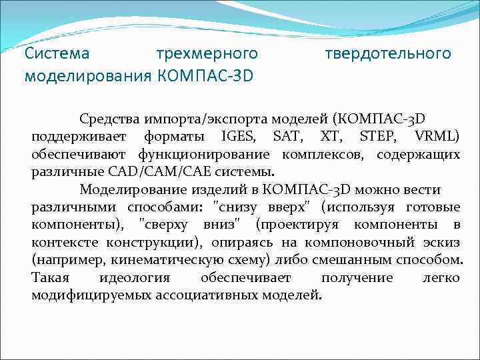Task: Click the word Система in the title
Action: click(x=57, y=53)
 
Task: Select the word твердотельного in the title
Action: click(x=387, y=53)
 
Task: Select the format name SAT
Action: click(x=287, y=137)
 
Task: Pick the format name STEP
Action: click(x=377, y=137)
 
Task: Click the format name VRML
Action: click(x=436, y=137)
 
